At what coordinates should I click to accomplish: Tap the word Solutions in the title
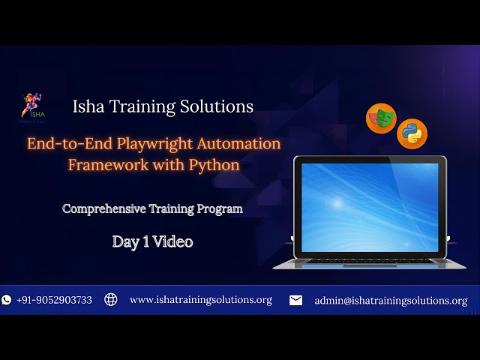(x=217, y=106)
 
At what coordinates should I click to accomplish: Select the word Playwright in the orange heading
(x=168, y=143)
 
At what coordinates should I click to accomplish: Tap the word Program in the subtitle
(x=219, y=209)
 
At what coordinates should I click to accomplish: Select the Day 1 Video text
(x=152, y=241)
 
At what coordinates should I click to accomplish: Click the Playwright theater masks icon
(x=380, y=118)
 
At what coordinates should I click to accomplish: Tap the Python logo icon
(x=412, y=133)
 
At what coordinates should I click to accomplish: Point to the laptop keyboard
(x=368, y=261)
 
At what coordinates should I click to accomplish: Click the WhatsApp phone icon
(x=7, y=300)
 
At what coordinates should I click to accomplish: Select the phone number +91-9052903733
(x=54, y=300)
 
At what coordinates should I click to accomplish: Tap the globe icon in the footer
(x=111, y=300)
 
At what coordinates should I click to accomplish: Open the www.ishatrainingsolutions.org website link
(x=200, y=300)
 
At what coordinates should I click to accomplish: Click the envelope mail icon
(x=296, y=300)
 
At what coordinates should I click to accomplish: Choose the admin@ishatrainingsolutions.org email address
(x=391, y=301)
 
